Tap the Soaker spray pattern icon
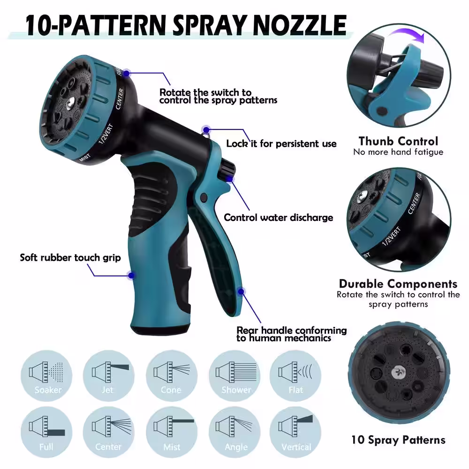pyautogui.click(x=46, y=375)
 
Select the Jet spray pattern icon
pyautogui.click(x=108, y=375)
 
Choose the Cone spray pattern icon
pyautogui.click(x=171, y=375)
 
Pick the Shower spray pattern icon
pyautogui.click(x=234, y=375)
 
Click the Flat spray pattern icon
pyautogui.click(x=295, y=375)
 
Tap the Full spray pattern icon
pyautogui.click(x=46, y=432)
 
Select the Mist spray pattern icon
pyautogui.click(x=171, y=432)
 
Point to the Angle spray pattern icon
pyautogui.click(x=234, y=432)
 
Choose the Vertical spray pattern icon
pyautogui.click(x=295, y=432)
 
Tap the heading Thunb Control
pyautogui.click(x=398, y=141)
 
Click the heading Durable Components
pyautogui.click(x=398, y=284)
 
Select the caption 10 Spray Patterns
pyautogui.click(x=398, y=440)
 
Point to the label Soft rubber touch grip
pyautogui.click(x=70, y=257)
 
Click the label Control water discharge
pyautogui.click(x=279, y=218)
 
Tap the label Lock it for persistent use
pyautogui.click(x=281, y=144)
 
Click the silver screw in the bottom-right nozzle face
pyautogui.click(x=399, y=373)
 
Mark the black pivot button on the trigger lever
pyautogui.click(x=204, y=197)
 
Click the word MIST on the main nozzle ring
pyautogui.click(x=84, y=158)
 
